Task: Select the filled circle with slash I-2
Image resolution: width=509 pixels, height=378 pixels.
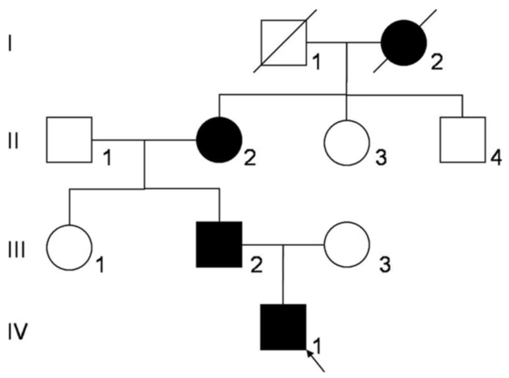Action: tap(403, 43)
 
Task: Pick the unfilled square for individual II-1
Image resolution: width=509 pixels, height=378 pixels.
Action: tap(69, 140)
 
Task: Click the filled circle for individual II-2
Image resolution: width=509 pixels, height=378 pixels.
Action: tap(219, 140)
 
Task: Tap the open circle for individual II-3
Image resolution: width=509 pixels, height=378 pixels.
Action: tap(346, 143)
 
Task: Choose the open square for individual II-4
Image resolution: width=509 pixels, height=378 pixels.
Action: tap(463, 140)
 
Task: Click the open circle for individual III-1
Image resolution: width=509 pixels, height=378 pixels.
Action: tap(69, 247)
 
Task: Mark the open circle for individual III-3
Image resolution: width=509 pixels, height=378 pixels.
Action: tap(346, 244)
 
